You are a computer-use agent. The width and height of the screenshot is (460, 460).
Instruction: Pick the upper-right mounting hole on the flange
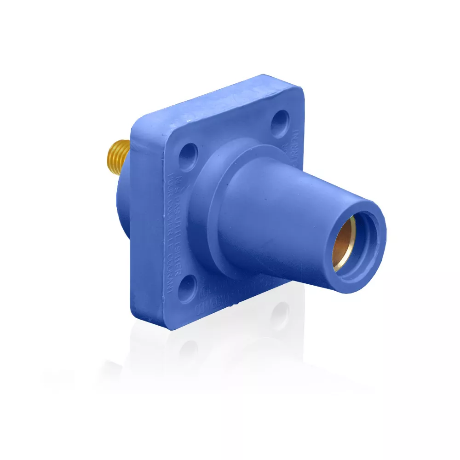[279, 121]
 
